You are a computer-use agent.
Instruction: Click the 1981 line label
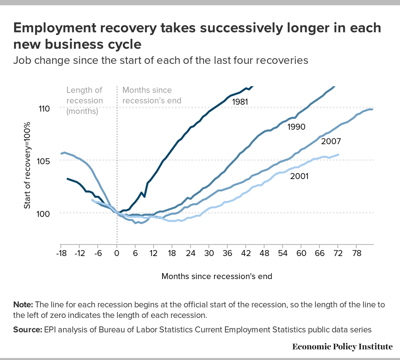coord(240,102)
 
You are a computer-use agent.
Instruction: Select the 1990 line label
coord(296,127)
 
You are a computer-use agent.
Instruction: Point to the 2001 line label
coord(300,177)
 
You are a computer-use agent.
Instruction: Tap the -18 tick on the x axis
coord(61,253)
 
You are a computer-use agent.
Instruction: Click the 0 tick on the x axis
coord(116,253)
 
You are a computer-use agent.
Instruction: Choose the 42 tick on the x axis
coord(246,253)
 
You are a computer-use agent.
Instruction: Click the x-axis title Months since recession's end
coord(216,276)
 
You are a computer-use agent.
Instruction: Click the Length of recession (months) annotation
coord(84,100)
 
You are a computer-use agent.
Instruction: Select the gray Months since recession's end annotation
coord(152,95)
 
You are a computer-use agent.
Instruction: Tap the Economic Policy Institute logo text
coord(342,346)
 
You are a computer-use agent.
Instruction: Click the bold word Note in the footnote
coord(23,305)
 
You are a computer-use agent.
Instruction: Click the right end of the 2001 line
coord(338,155)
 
